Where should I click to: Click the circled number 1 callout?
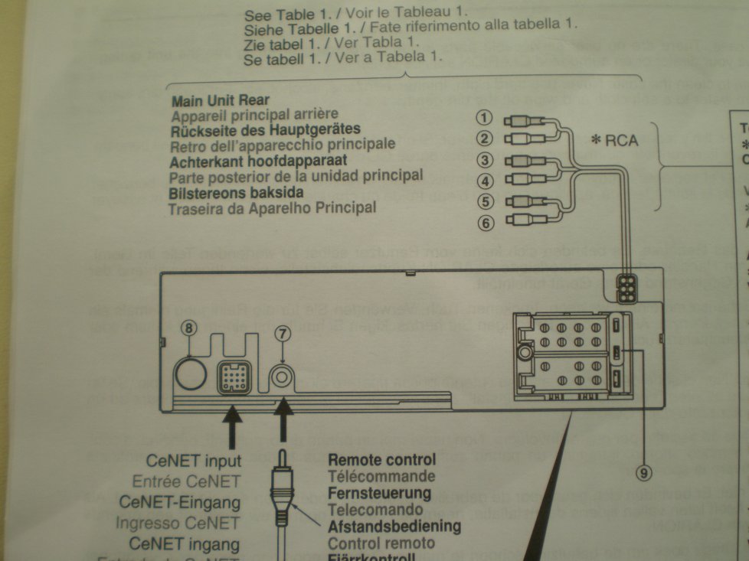tap(483, 119)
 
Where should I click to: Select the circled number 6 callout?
tap(483, 223)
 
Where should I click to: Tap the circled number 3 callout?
tap(483, 161)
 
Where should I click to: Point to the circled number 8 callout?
tap(190, 327)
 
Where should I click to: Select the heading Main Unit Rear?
tap(221, 101)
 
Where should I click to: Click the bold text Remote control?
tap(381, 460)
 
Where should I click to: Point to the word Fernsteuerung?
tap(379, 493)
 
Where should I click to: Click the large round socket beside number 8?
tap(190, 374)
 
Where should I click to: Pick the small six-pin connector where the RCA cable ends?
tap(627, 290)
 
